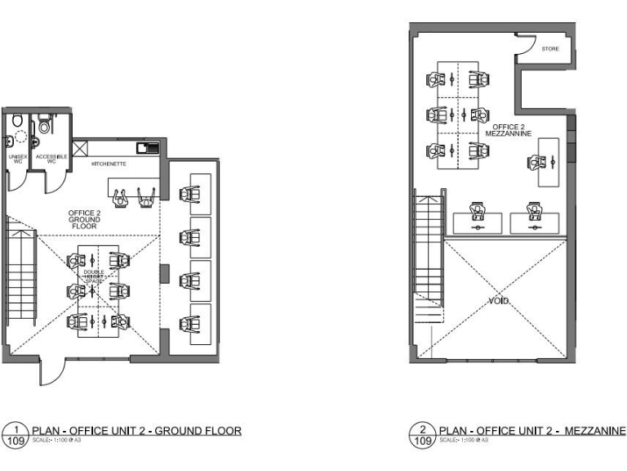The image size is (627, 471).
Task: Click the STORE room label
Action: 550,50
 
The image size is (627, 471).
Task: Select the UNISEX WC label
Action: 16,158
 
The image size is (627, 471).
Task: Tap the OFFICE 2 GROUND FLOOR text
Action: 83,218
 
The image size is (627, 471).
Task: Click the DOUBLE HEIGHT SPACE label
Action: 96,276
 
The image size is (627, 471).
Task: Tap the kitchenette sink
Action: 147,148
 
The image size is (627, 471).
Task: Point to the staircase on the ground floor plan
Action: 20,274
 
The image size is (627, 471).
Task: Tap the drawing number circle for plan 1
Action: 15,434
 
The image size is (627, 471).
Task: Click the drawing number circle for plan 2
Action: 423,434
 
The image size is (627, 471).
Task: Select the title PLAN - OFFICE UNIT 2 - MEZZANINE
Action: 532,430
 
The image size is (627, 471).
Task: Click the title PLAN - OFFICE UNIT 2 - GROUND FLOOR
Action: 136,430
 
